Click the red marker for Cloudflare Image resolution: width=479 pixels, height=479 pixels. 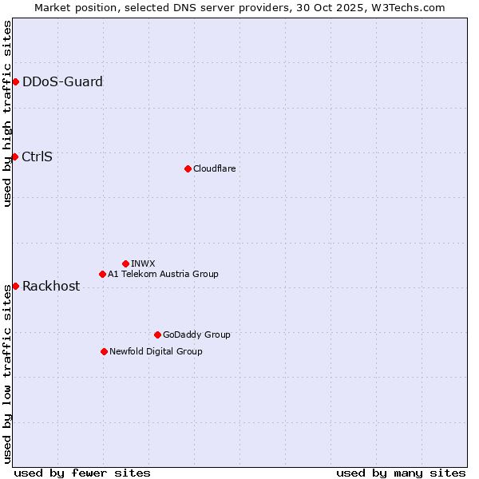188,168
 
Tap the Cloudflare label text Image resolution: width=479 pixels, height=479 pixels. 215,168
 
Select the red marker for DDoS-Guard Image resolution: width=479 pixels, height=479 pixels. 15,81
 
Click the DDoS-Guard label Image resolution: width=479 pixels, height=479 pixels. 62,81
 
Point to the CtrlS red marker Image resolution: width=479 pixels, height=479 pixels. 14,156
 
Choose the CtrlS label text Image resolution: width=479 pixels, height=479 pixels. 38,156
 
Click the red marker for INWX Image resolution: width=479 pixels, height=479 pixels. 125,263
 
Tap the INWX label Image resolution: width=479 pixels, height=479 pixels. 144,263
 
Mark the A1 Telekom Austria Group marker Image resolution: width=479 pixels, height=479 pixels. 102,274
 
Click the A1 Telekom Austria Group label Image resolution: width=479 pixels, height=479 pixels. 163,274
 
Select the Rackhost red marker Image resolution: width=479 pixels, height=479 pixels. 15,286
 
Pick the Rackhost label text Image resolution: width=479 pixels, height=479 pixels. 51,286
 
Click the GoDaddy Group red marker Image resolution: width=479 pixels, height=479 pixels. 157,335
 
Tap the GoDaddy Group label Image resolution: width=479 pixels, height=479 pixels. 196,335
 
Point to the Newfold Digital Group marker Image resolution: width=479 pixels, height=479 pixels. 104,351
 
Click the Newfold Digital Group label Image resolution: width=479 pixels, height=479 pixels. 156,351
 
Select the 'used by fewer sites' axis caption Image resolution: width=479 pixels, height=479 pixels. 82,473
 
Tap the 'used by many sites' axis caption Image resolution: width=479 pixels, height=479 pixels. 401,473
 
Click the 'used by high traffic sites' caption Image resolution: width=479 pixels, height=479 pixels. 7,113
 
